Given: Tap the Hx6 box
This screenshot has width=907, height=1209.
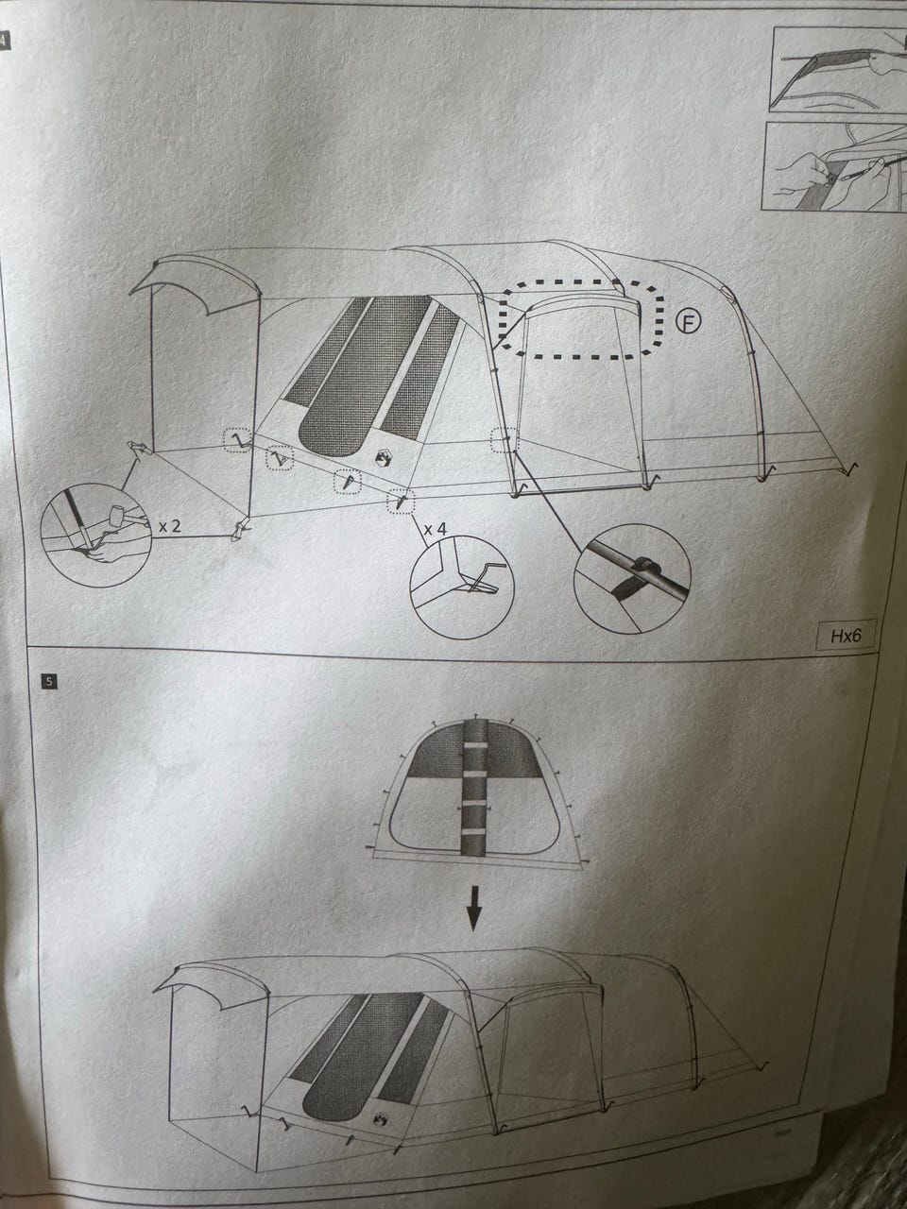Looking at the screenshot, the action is tap(845, 637).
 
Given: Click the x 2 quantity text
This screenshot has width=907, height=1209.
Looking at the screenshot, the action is tap(170, 526).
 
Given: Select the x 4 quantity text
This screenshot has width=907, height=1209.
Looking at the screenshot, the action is tap(435, 530).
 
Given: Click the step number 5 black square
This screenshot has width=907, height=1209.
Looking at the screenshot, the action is tap(49, 681).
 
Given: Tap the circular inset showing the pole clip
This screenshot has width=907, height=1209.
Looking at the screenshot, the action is tap(632, 578).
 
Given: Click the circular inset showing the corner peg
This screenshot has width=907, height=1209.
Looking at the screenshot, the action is tap(461, 587).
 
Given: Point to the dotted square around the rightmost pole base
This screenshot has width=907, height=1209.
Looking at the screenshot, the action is tap(505, 440).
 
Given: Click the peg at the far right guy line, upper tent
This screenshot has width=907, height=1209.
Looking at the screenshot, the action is tap(851, 468).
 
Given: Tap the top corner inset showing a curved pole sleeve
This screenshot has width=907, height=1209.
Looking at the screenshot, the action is tap(838, 69).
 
